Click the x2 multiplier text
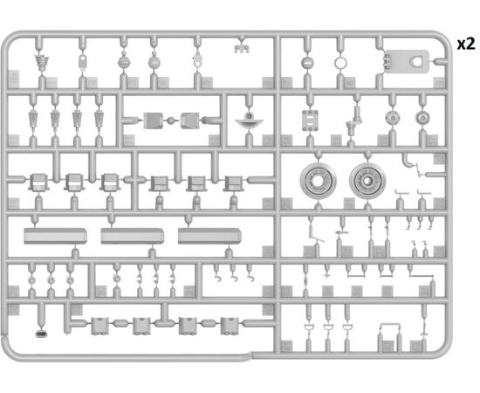(x=466, y=45)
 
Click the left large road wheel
(x=318, y=181)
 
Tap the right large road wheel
(x=367, y=181)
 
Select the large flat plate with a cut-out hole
(x=407, y=61)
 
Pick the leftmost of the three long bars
(x=55, y=236)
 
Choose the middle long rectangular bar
(x=133, y=236)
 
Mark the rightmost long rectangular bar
(x=209, y=236)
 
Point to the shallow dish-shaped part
(x=250, y=121)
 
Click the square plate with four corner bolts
(x=310, y=121)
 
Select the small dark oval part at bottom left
(x=41, y=334)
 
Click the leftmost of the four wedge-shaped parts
(x=33, y=120)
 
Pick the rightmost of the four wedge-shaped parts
(x=99, y=120)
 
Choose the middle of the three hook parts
(x=234, y=278)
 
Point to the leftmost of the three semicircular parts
(x=309, y=327)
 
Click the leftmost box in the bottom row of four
(x=99, y=326)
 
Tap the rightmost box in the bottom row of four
(x=230, y=326)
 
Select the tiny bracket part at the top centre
(x=242, y=48)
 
